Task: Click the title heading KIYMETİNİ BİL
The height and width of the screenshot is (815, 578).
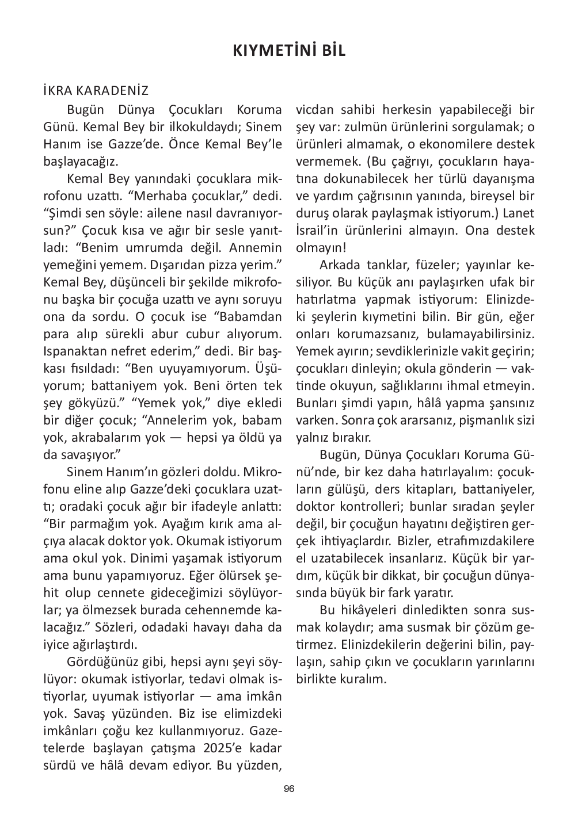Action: [x=289, y=51]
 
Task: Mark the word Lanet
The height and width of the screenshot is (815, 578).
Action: [x=519, y=213]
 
